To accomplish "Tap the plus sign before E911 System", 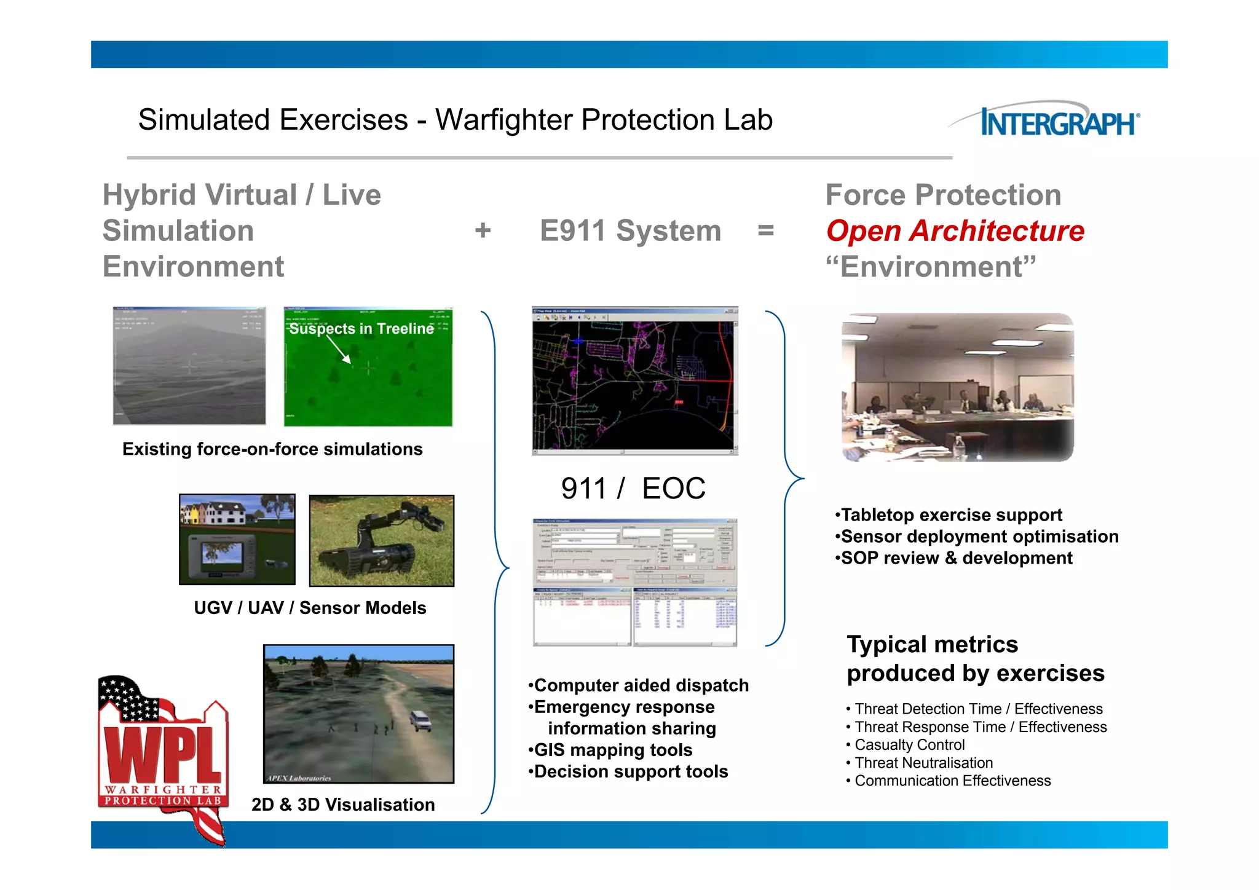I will (483, 231).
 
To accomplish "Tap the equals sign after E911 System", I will (765, 231).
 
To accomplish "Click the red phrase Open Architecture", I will (955, 231).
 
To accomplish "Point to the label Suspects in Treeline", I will (361, 329).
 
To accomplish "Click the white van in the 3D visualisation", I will (420, 720).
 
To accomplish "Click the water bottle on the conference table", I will (960, 447).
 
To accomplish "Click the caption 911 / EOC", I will (633, 489).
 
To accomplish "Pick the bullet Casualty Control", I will (909, 745).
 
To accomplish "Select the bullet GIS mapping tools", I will (613, 750).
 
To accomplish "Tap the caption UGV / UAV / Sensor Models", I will (310, 608).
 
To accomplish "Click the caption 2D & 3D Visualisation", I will (343, 805).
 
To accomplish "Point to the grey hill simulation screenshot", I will (189, 366).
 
